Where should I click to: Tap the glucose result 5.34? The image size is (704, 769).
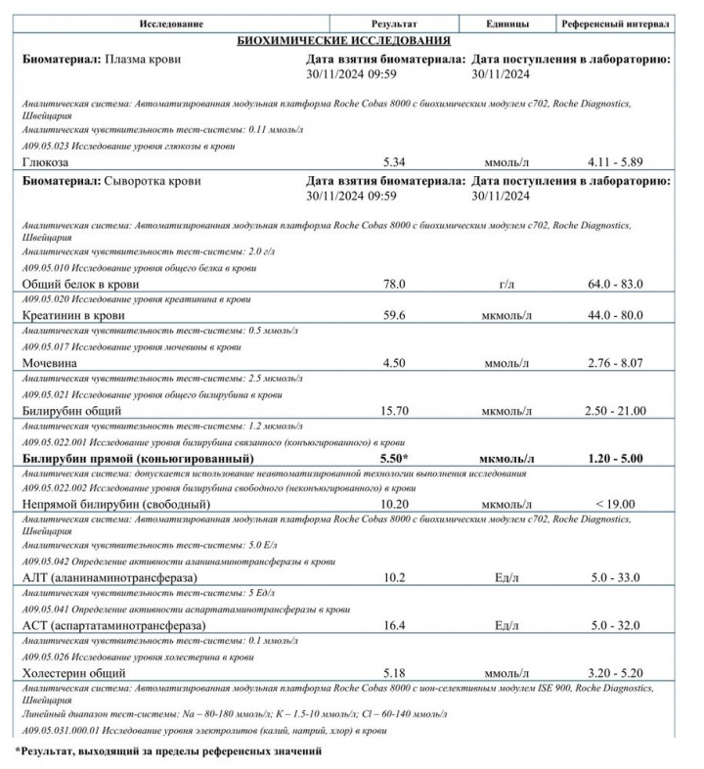coord(394,160)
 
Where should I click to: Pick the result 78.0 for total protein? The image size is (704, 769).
coord(394,284)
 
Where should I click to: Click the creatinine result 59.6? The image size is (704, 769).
coord(394,316)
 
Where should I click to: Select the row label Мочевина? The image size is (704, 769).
coord(52,362)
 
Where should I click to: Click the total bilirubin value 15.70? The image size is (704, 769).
coord(394,410)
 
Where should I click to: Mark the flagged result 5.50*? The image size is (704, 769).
coord(394,458)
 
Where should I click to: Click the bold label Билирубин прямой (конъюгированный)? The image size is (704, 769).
coord(138,458)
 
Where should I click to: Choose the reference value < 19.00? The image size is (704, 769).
coord(615,504)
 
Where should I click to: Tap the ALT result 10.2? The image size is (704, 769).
coord(394,577)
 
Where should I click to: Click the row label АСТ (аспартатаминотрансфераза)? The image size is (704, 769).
coord(111,625)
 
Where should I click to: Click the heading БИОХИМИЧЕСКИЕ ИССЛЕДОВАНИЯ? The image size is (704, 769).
coord(344,41)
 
